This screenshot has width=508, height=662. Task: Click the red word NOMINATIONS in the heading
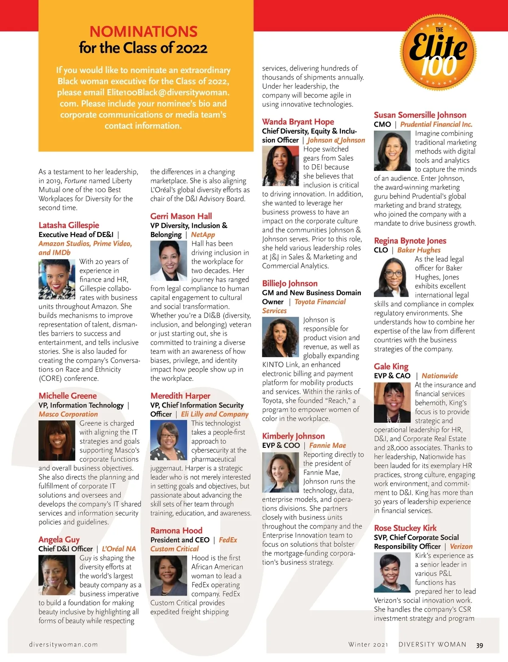click(x=144, y=31)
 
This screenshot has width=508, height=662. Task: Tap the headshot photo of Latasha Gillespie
click(x=57, y=279)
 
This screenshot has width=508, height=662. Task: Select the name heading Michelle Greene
click(x=68, y=396)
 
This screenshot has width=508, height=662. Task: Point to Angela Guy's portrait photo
click(x=57, y=575)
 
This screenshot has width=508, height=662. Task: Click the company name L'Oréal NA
click(x=119, y=549)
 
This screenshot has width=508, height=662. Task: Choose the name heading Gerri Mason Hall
click(x=181, y=216)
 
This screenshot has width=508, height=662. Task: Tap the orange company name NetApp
click(x=203, y=234)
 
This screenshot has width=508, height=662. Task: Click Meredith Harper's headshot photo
click(x=168, y=440)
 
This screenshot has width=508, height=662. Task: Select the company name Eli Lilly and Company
click(x=215, y=414)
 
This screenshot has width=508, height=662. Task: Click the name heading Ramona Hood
click(x=176, y=530)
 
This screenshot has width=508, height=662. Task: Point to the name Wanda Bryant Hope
click(x=298, y=122)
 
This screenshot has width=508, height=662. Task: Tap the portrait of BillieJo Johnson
click(x=280, y=337)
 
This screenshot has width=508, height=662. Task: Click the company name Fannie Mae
click(x=327, y=445)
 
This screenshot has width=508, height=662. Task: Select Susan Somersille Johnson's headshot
click(x=392, y=151)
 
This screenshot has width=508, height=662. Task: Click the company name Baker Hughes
click(x=419, y=250)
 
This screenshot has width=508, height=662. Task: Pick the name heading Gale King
click(x=391, y=367)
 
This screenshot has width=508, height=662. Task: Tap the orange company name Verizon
click(x=461, y=546)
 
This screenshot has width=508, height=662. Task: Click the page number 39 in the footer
click(x=479, y=645)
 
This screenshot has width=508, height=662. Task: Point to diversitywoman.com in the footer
click(x=63, y=645)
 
